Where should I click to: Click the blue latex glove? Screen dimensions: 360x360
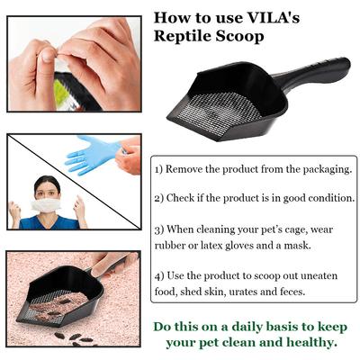point(91,154)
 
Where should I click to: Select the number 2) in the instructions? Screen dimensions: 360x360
point(158,197)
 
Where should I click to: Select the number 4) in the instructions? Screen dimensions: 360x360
point(158,275)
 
